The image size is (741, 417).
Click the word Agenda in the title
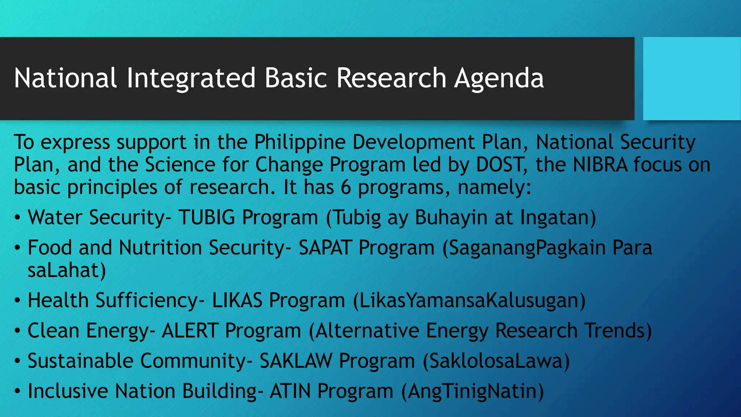(x=499, y=79)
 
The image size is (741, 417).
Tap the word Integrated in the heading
(x=191, y=79)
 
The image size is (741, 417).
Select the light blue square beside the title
(x=691, y=79)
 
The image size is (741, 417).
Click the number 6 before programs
(x=346, y=188)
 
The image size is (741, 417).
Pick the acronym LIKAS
(x=237, y=300)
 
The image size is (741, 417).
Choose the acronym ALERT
(x=190, y=331)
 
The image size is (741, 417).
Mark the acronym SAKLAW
(x=296, y=361)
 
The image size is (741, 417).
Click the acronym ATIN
(x=290, y=391)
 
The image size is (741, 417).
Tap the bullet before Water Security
(x=17, y=218)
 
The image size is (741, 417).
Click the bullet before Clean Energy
(x=17, y=332)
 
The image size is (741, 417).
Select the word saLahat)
(x=67, y=271)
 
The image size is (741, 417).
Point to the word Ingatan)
(x=558, y=218)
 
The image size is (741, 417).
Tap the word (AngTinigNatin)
(x=472, y=392)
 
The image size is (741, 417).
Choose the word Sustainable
(x=80, y=361)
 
